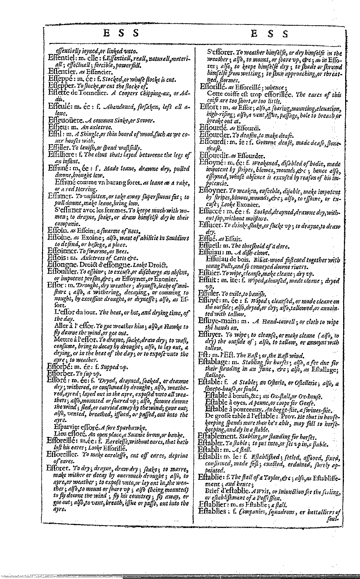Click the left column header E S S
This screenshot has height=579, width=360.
121,33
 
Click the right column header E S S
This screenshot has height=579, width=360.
270,34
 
